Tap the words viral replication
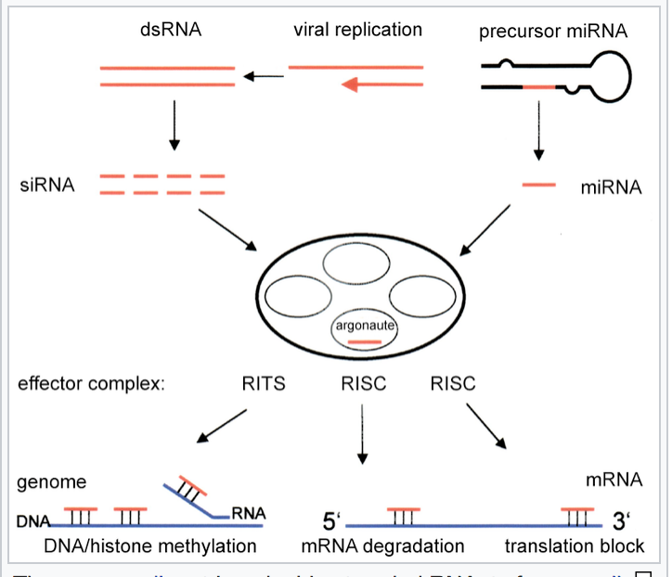tap(357, 30)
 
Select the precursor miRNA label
tap(553, 32)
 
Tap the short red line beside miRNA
tap(538, 186)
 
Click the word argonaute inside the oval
tap(366, 326)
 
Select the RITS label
tap(264, 383)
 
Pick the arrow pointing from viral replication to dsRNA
tap(263, 76)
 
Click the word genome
tap(51, 481)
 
